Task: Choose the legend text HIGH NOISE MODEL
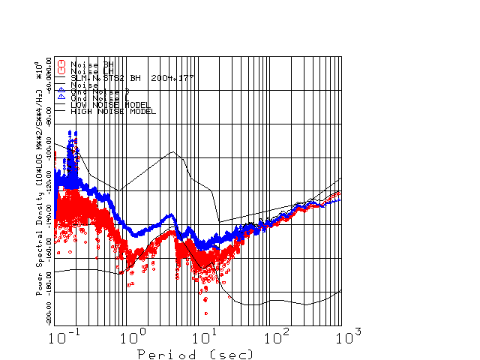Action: (113, 111)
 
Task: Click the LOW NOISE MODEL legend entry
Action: (111, 104)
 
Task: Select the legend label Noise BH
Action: (92, 64)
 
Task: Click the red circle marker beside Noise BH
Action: (61, 64)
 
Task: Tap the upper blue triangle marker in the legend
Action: (61, 90)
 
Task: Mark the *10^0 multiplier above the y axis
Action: (39, 70)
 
